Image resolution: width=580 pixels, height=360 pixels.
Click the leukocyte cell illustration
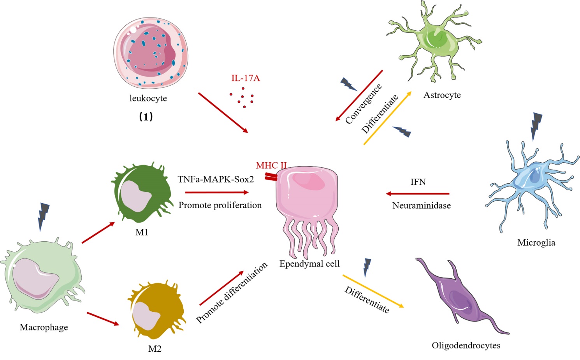pos(151,53)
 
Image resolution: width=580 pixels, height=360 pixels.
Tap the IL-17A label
pos(245,78)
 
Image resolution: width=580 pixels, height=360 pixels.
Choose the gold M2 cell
pos(156,311)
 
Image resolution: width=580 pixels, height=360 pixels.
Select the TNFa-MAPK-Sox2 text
pos(216,179)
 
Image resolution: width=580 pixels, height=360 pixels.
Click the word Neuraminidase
pos(421,205)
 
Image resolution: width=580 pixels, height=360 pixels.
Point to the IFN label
pos(418,182)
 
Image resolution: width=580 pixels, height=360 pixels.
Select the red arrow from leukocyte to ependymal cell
pos(223,113)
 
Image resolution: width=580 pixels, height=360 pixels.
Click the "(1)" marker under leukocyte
pos(146,116)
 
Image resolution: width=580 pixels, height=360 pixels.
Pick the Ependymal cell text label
pos(309,264)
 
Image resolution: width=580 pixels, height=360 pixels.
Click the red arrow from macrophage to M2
pos(103,318)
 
